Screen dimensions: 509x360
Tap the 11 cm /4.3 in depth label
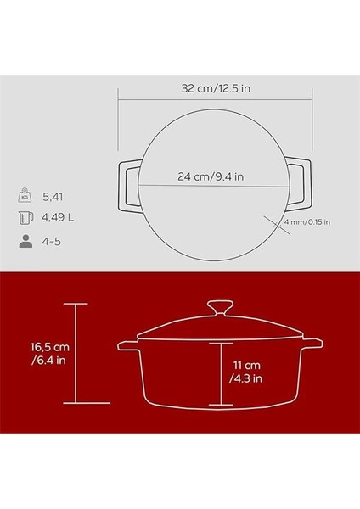coord(247,370)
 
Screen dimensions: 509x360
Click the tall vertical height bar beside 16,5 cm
coord(77,355)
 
